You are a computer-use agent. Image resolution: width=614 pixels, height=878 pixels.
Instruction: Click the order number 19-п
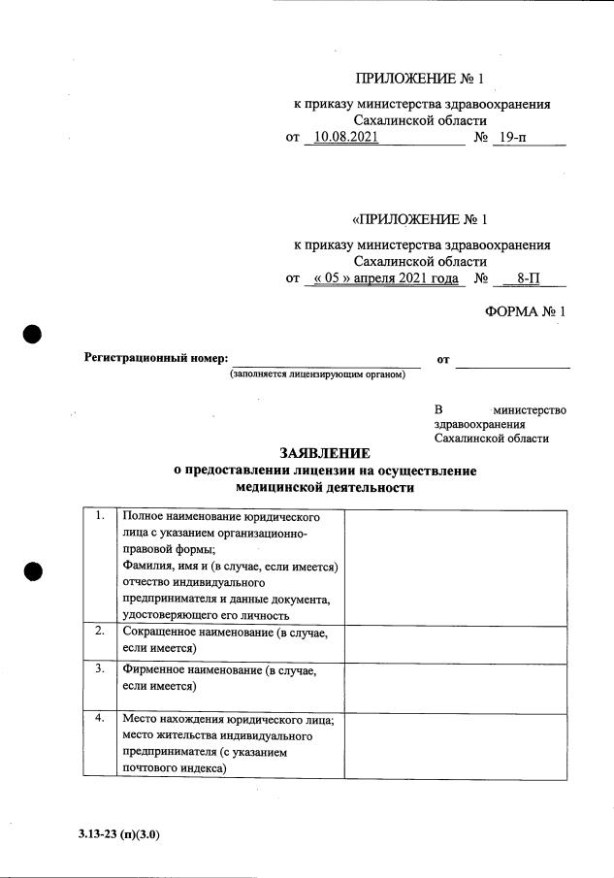click(x=510, y=138)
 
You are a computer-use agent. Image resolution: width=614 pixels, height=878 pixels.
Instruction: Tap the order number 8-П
click(x=529, y=278)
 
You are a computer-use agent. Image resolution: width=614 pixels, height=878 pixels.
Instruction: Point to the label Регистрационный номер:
click(x=157, y=359)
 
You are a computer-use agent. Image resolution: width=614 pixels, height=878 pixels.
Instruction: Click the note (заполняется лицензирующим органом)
click(x=317, y=374)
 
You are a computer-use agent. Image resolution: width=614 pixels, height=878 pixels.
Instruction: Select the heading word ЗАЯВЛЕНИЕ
click(x=325, y=452)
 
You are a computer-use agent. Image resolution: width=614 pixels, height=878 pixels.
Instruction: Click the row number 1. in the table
click(x=100, y=516)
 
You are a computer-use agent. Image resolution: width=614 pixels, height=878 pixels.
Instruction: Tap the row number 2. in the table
click(x=100, y=631)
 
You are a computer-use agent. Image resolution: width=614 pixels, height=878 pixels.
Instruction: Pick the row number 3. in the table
click(x=100, y=669)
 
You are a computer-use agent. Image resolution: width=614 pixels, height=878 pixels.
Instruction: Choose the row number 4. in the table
click(x=100, y=720)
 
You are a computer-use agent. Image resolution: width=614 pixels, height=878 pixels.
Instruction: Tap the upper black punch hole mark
click(x=32, y=334)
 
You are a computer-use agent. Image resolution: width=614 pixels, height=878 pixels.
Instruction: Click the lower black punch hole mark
click(x=32, y=571)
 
